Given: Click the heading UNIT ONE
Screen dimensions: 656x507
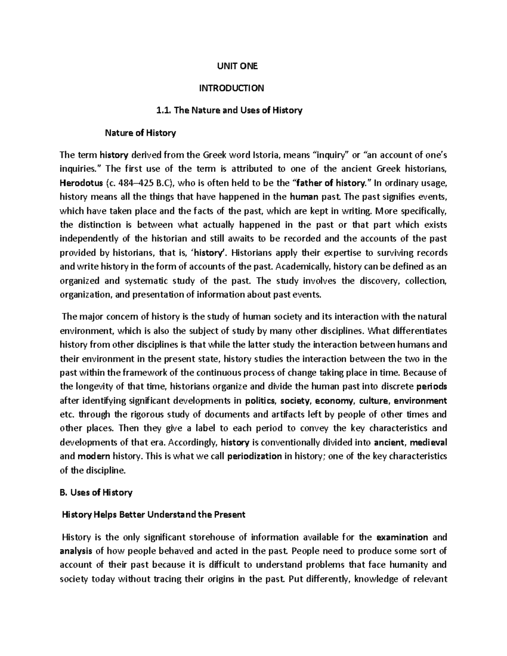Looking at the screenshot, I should pyautogui.click(x=237, y=66).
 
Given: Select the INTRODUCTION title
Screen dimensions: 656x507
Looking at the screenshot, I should pyautogui.click(x=232, y=88).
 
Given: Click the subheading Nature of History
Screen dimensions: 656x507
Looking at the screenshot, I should pyautogui.click(x=140, y=133).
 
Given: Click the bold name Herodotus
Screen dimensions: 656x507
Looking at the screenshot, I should pyautogui.click(x=80, y=183).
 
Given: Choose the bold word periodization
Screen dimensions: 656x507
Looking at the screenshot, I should pyautogui.click(x=254, y=456).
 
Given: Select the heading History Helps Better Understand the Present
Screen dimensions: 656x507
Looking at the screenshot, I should pyautogui.click(x=153, y=515).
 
